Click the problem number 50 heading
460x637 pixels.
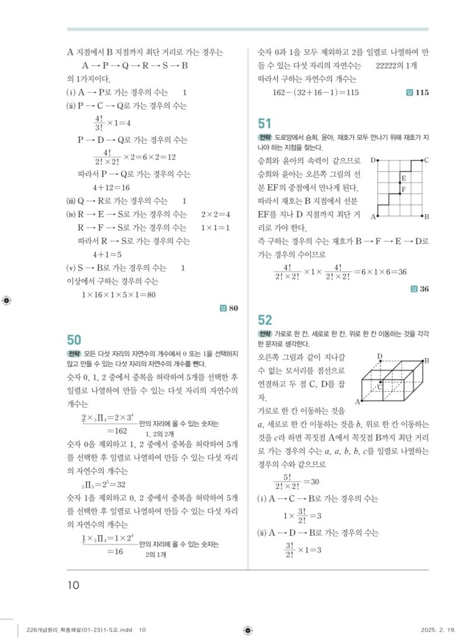point(74,340)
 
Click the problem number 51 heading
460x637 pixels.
point(265,123)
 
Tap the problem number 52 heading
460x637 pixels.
point(265,320)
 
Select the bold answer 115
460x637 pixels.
point(422,93)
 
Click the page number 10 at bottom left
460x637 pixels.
point(73,585)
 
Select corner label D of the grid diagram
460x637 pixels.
point(373,160)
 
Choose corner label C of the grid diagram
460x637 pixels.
point(426,160)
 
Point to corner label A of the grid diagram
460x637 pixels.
point(373,216)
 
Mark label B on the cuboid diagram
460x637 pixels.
point(426,360)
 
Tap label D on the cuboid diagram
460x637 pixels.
point(379,356)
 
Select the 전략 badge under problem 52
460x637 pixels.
point(265,334)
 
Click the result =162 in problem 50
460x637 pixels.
point(117,430)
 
